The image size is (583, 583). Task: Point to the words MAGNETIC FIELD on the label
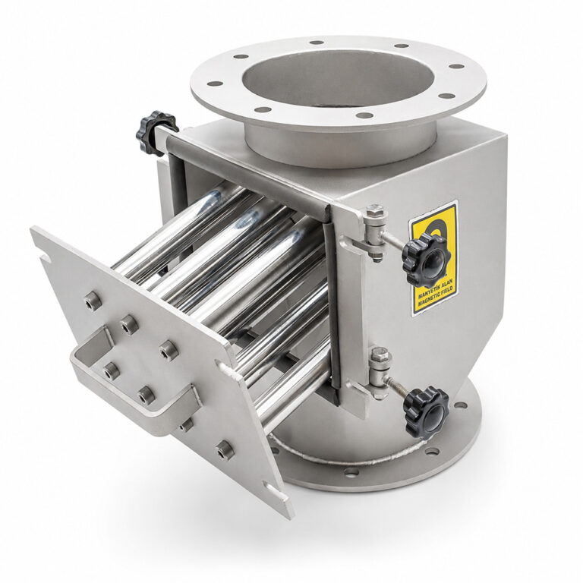(x=436, y=297)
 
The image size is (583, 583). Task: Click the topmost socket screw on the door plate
(x=92, y=300)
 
